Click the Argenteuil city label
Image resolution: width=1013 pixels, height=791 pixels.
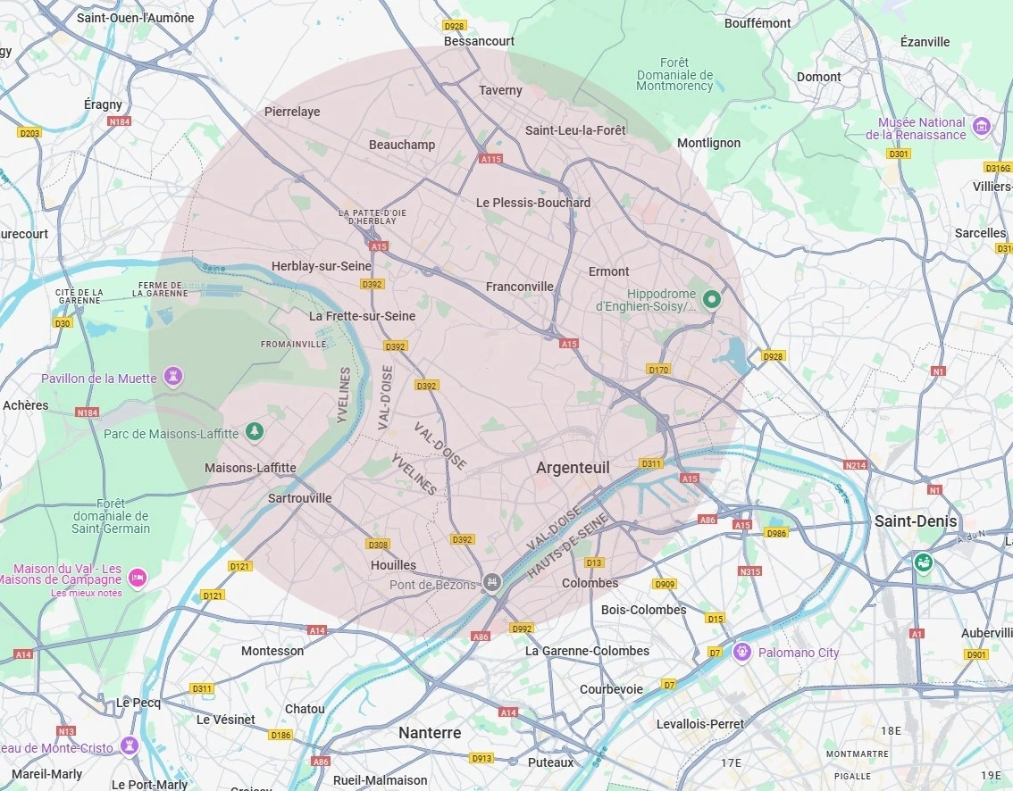[573, 468]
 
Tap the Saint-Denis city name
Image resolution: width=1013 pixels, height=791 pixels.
[916, 521]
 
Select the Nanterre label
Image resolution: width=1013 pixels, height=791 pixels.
[430, 733]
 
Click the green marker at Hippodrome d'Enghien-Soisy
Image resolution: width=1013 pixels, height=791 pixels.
[712, 299]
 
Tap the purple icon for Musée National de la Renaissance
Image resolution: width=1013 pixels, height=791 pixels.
[982, 126]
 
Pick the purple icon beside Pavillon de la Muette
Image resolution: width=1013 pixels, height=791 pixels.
[174, 377]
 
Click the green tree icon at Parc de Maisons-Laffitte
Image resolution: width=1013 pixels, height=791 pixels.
[255, 432]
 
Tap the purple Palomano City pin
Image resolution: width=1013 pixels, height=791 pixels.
[741, 652]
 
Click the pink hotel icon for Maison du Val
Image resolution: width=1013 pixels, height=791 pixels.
[138, 577]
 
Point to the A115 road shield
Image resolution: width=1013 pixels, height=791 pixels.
[490, 159]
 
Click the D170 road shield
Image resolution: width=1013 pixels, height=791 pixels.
[658, 370]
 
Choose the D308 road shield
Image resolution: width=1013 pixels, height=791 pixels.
[378, 544]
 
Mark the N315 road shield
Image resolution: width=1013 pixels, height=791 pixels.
[749, 571]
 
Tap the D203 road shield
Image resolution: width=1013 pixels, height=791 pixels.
[29, 133]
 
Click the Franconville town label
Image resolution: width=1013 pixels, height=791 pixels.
[519, 287]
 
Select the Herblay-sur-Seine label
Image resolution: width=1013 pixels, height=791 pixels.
[322, 266]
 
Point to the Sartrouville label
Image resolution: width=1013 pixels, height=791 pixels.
[299, 498]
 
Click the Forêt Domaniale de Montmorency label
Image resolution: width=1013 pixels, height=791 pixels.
[674, 74]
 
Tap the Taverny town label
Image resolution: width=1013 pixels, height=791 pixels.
[500, 90]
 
